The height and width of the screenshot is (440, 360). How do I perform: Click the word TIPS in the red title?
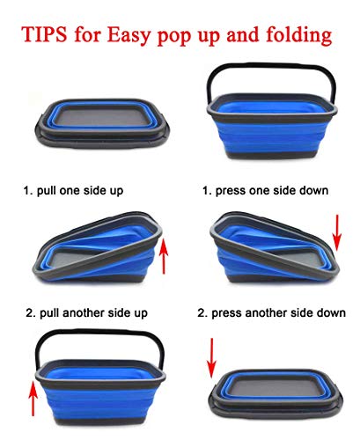click(44, 33)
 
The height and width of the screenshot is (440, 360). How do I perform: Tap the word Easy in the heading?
click(129, 35)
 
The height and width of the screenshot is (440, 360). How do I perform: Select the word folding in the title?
click(299, 35)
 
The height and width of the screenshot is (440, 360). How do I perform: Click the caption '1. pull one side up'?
click(73, 191)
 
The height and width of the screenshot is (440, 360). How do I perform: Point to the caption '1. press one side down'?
click(265, 191)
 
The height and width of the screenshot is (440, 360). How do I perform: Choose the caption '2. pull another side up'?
click(86, 313)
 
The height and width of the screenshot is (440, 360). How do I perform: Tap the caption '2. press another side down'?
click(271, 313)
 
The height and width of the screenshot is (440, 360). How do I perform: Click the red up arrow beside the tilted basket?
click(164, 257)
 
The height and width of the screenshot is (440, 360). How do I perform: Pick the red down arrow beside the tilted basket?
click(337, 232)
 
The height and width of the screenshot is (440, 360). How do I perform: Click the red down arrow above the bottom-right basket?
click(211, 358)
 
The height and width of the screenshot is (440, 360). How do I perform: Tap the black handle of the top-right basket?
click(270, 67)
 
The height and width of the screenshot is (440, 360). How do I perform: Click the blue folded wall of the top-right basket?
click(271, 135)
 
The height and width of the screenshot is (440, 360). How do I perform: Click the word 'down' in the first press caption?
click(313, 191)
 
